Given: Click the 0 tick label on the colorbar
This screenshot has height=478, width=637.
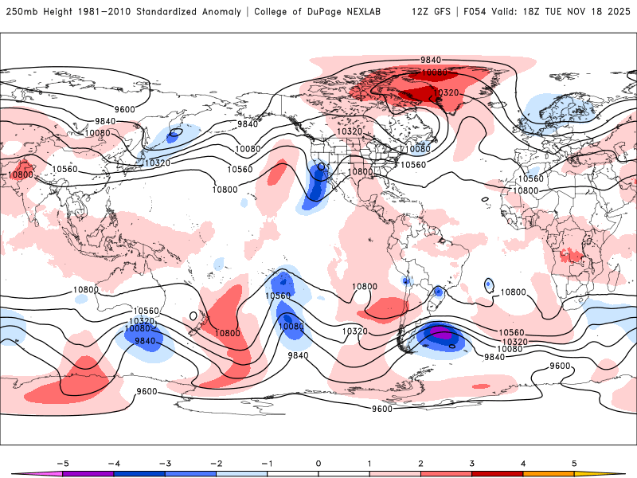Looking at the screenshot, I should (x=318, y=462).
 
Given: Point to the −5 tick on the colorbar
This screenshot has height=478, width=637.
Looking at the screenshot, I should (x=61, y=462).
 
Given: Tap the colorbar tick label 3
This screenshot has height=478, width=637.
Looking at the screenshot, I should (x=472, y=462).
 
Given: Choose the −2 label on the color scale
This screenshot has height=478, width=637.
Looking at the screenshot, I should (x=216, y=462).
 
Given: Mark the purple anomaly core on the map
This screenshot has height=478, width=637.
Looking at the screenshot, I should (x=440, y=335).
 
